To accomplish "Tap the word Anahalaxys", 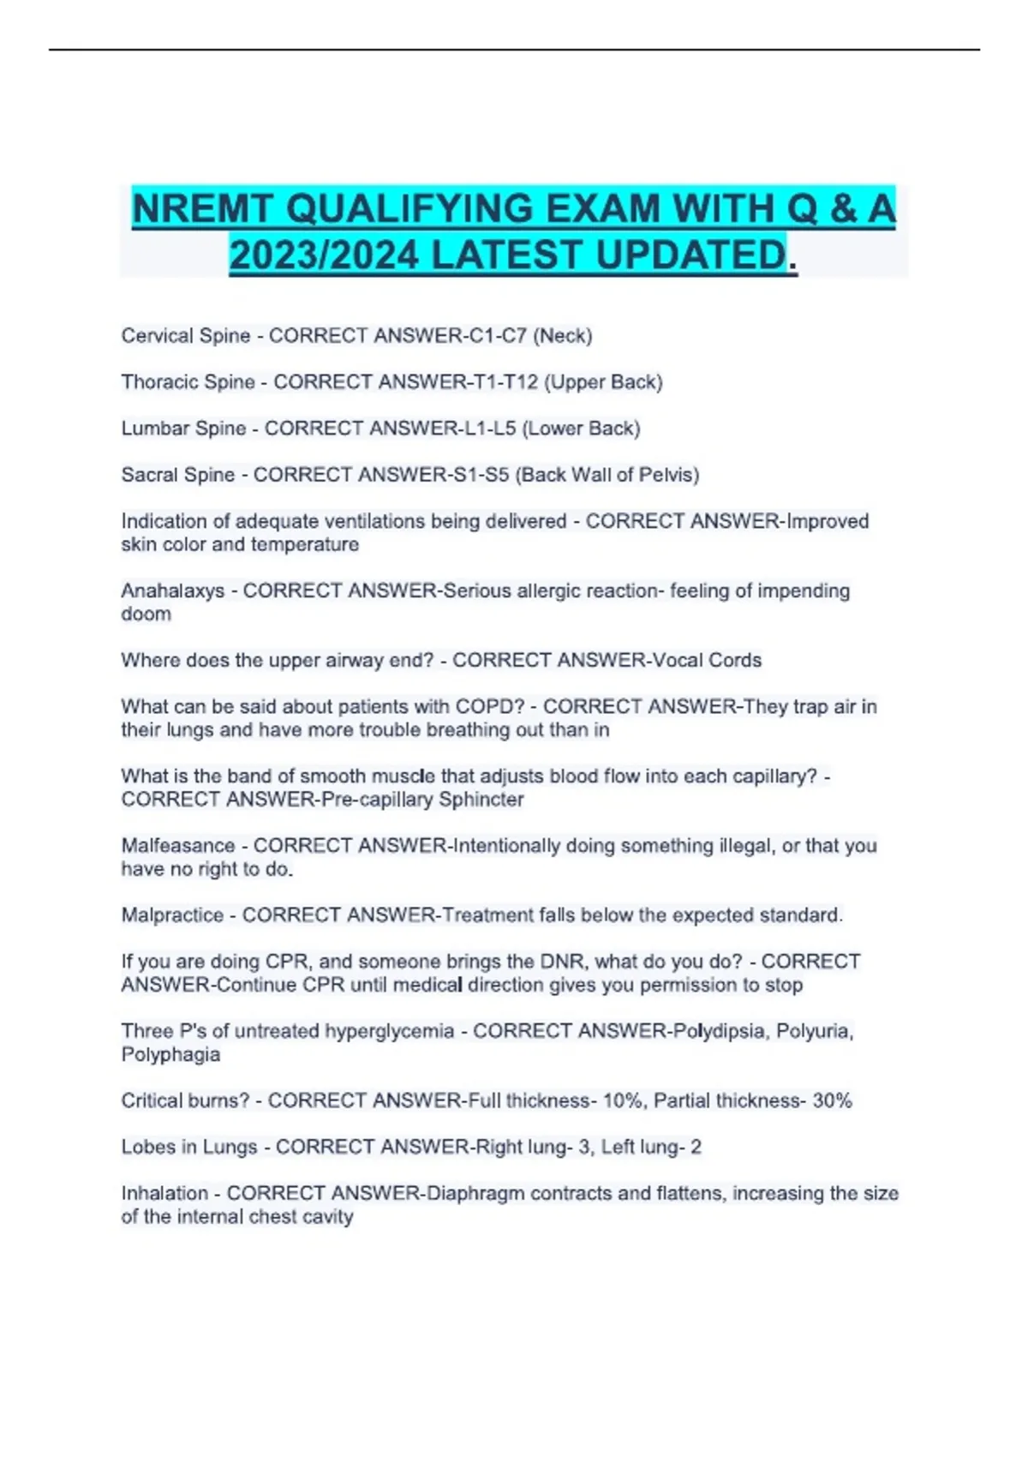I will (x=172, y=591).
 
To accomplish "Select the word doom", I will (x=146, y=615).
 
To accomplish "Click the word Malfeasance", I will (x=177, y=846).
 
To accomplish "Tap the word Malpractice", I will (x=172, y=915).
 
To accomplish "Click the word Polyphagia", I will (x=170, y=1055).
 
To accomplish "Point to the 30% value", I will (x=832, y=1101).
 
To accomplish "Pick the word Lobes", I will (x=146, y=1148).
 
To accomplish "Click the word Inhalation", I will (x=164, y=1194).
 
